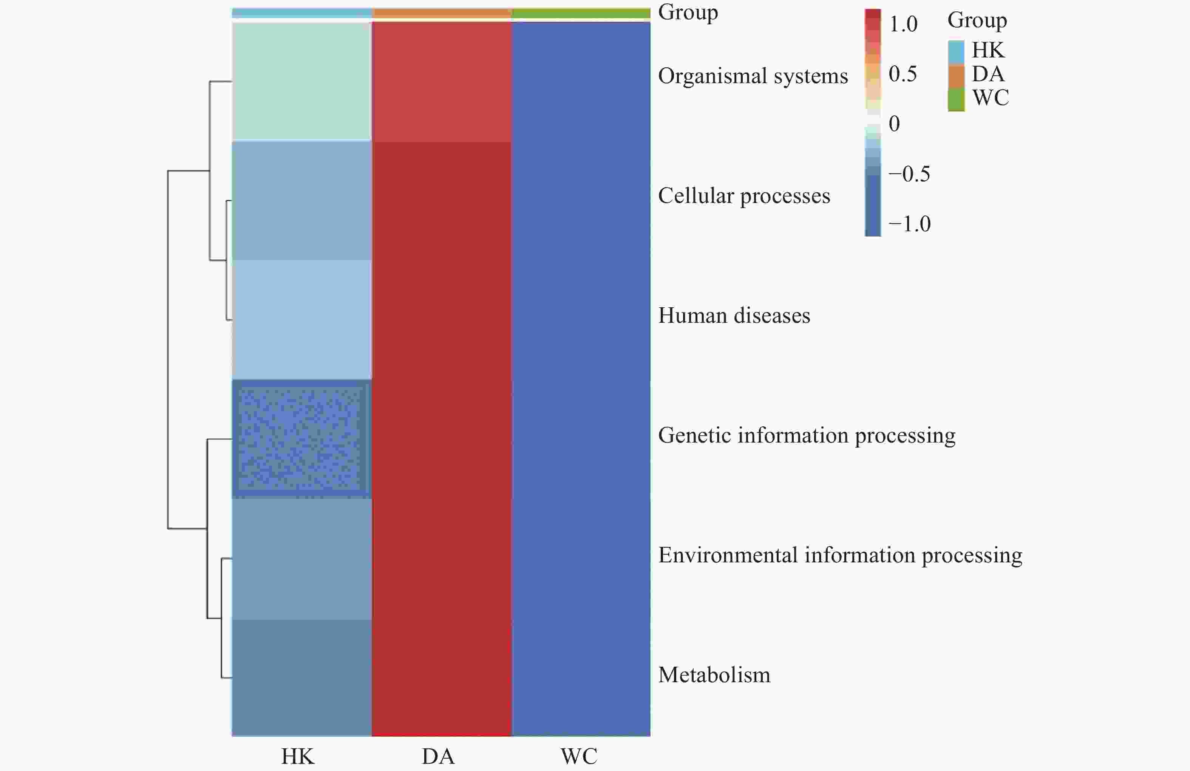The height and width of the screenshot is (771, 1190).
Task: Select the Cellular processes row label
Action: [743, 196]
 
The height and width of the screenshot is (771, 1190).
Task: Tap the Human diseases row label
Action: [734, 316]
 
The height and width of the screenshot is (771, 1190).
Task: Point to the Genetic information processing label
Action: [806, 435]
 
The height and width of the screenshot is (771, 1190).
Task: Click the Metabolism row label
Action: [714, 675]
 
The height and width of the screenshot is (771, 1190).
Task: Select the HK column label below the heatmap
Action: [298, 756]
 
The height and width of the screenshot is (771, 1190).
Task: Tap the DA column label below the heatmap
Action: [438, 756]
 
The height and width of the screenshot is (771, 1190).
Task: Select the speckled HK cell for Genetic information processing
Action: [301, 439]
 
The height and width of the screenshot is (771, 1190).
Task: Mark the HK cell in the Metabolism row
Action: [301, 677]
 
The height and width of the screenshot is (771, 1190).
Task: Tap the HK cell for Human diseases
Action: [301, 319]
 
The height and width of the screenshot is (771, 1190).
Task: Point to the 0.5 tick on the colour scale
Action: [903, 74]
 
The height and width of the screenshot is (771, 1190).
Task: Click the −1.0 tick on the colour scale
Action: [909, 224]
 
